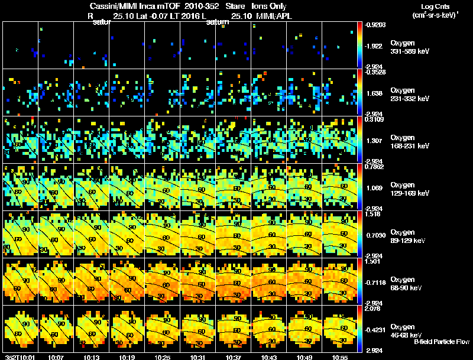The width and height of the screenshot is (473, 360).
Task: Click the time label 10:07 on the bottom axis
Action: [57, 357]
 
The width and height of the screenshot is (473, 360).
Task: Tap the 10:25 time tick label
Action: [164, 357]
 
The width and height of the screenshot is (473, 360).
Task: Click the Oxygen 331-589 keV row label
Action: [409, 47]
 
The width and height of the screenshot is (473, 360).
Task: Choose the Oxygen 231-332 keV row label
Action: [409, 95]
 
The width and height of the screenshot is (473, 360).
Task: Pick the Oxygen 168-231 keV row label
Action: [409, 141]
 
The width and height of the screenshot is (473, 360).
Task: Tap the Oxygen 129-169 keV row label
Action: [409, 189]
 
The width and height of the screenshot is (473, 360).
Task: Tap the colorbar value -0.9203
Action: [376, 25]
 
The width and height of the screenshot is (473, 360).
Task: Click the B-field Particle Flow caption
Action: [442, 342]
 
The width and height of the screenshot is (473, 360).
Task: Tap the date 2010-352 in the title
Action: [200, 5]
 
